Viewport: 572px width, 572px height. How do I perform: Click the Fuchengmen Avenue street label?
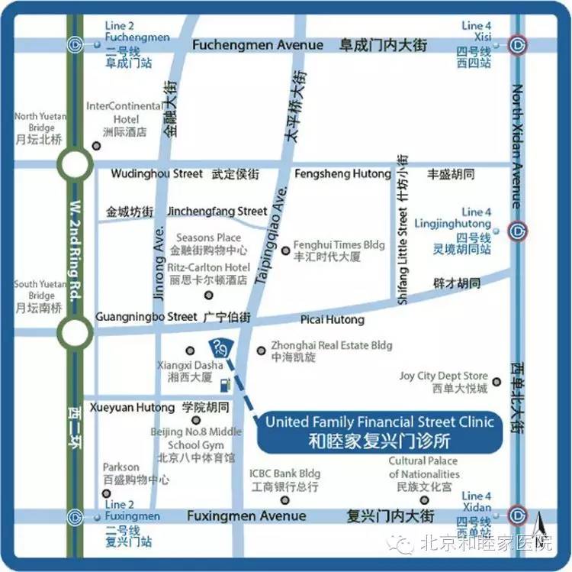click(258, 45)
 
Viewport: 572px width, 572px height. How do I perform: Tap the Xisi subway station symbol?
click(519, 44)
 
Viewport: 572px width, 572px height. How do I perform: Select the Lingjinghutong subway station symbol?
click(519, 231)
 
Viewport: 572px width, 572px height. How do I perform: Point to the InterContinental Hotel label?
click(125, 112)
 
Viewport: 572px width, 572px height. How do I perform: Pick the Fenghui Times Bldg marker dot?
click(285, 250)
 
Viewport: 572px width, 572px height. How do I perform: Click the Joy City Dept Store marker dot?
click(496, 381)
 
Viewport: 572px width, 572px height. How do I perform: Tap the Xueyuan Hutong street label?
click(133, 408)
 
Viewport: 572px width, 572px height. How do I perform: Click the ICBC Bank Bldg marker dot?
click(285, 500)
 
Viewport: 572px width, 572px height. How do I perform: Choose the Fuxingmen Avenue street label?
click(246, 516)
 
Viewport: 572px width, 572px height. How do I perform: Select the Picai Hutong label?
click(333, 319)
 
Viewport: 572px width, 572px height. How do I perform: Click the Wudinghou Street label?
click(157, 173)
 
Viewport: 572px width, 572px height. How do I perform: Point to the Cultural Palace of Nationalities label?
click(423, 467)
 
